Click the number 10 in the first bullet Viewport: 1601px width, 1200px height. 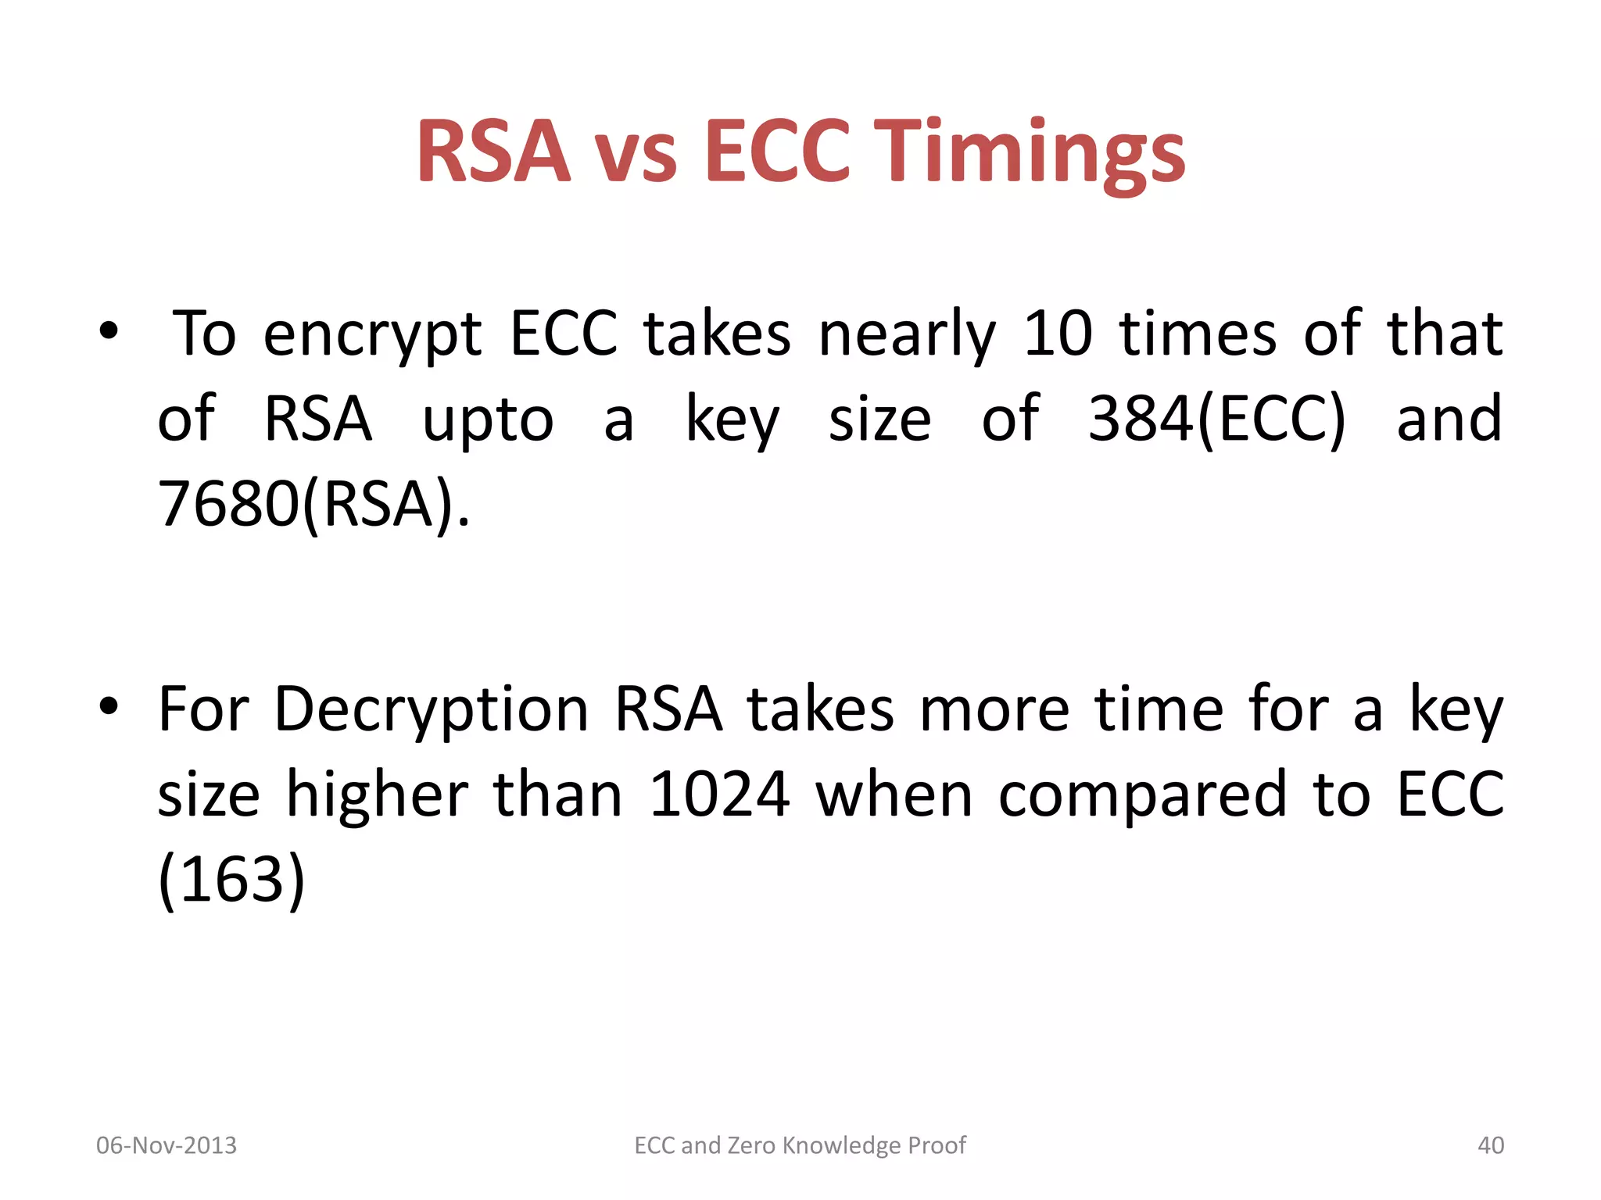coord(1058,334)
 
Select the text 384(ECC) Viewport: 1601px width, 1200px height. coord(1216,420)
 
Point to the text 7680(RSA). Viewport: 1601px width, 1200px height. coord(313,505)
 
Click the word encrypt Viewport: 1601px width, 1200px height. coord(373,335)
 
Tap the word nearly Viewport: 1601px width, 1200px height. coord(907,335)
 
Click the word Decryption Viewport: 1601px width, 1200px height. coord(432,710)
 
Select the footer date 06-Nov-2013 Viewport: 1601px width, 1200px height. coord(167,1145)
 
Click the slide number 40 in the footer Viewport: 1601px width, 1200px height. coord(1490,1145)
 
